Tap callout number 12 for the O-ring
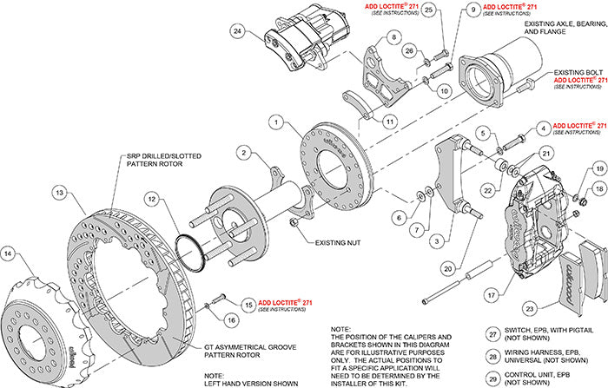(x=153, y=200)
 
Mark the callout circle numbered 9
(x=473, y=10)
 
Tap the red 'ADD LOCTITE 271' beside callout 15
(x=294, y=300)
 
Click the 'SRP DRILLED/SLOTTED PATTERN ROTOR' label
(x=165, y=159)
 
